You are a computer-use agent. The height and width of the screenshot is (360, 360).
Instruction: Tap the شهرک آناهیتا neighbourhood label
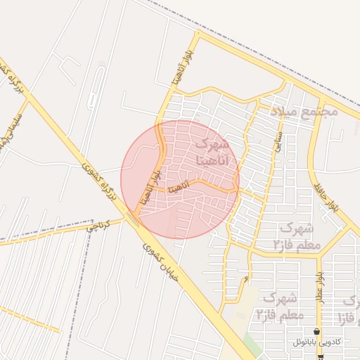tap(210, 152)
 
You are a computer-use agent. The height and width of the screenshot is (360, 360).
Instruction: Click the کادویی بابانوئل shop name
tap(316, 342)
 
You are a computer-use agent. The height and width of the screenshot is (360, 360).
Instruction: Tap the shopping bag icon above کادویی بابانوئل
tap(317, 331)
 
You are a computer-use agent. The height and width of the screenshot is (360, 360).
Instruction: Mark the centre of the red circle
tap(180, 179)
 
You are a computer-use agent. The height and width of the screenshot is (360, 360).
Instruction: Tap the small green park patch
tap(252, 344)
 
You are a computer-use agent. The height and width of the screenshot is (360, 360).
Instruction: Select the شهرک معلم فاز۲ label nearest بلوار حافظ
tap(300, 236)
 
